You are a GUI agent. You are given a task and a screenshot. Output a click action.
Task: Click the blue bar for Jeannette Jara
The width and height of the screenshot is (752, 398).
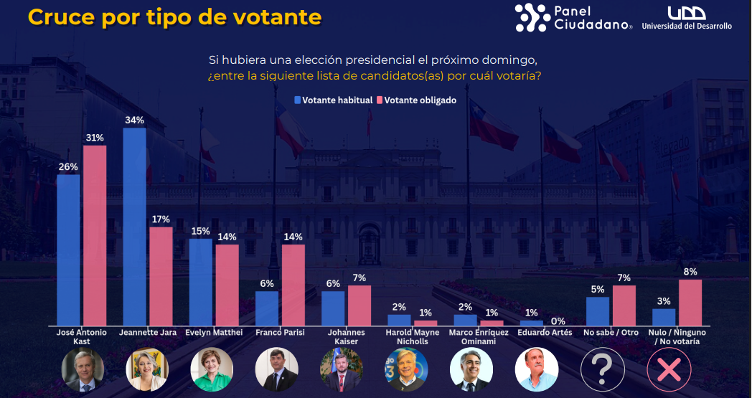[x=135, y=227]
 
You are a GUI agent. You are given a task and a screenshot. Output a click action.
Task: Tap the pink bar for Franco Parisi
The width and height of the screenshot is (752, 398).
[x=293, y=285]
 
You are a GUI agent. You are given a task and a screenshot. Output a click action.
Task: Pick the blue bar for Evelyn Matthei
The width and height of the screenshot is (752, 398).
[x=200, y=282]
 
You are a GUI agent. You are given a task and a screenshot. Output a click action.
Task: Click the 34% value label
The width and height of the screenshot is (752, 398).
[x=134, y=120]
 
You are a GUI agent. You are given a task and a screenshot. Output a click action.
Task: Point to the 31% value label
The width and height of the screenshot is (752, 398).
[x=95, y=137]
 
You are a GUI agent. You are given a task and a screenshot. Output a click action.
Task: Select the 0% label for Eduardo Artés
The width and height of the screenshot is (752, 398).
[x=558, y=321]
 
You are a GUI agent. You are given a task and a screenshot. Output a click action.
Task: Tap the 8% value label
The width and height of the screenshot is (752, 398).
[x=690, y=271]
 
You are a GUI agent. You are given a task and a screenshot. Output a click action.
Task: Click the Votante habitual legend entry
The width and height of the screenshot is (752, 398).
[x=333, y=100]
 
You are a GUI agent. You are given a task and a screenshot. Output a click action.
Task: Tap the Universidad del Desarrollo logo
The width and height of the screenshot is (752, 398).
[x=687, y=18]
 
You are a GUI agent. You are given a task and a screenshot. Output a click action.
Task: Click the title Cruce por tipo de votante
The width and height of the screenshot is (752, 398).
[x=174, y=17]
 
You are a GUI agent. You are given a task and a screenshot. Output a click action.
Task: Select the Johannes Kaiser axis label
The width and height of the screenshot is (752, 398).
[x=347, y=337]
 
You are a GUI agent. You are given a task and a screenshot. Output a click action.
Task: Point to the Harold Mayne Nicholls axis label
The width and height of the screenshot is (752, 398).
[x=412, y=337]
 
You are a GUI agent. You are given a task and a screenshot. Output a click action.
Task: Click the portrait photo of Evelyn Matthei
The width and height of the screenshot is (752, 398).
[x=212, y=369]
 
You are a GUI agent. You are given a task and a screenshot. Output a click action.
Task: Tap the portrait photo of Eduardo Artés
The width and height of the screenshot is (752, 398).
[x=537, y=369]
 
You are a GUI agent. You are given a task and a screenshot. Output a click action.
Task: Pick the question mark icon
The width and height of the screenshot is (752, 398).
[x=602, y=369]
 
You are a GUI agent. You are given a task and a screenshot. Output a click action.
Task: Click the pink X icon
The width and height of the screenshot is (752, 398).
[x=669, y=369]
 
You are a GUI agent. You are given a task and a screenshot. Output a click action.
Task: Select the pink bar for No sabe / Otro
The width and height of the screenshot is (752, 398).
[x=624, y=305]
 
